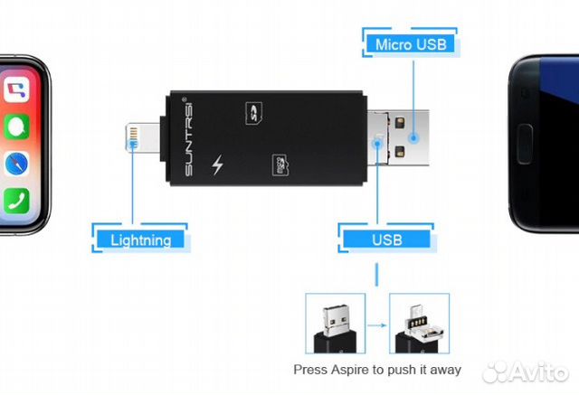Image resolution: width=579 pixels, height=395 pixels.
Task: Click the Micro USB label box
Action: click(x=411, y=44)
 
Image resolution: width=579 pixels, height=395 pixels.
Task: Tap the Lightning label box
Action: click(x=141, y=240)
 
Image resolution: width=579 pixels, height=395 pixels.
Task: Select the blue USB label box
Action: click(x=386, y=240)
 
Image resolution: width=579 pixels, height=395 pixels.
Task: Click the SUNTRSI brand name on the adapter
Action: click(x=188, y=136)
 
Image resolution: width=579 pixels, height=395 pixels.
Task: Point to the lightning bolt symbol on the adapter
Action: click(x=217, y=165)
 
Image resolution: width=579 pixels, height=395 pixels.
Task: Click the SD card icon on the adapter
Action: click(x=254, y=113)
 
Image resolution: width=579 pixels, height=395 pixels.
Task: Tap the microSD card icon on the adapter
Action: click(x=280, y=165)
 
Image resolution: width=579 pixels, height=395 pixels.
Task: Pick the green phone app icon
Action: click(x=16, y=201)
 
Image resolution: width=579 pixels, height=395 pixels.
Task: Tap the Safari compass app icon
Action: click(x=16, y=164)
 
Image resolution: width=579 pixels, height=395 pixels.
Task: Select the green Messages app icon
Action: click(x=16, y=127)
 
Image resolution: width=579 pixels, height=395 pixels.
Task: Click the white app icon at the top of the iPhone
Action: click(x=16, y=89)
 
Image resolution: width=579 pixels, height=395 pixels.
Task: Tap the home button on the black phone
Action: click(x=525, y=144)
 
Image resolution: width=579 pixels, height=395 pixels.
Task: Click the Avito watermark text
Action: click(x=526, y=371)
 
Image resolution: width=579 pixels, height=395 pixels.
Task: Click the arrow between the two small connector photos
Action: click(x=377, y=324)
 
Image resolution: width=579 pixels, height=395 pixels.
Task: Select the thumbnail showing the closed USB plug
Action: click(x=336, y=323)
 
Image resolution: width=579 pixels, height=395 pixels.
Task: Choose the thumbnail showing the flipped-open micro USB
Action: click(x=419, y=323)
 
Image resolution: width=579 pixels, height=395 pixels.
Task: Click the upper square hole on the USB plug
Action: click(x=400, y=123)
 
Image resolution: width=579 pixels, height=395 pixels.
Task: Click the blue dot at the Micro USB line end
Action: click(x=413, y=138)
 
